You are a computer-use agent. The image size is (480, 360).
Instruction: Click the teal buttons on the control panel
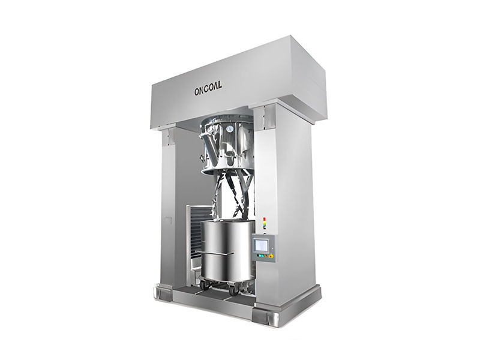coord(261,256)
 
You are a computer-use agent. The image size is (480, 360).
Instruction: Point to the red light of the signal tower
coord(265,219)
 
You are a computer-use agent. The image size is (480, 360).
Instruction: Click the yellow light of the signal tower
coord(265,223)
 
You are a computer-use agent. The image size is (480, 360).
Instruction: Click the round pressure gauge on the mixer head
coord(230,129)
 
